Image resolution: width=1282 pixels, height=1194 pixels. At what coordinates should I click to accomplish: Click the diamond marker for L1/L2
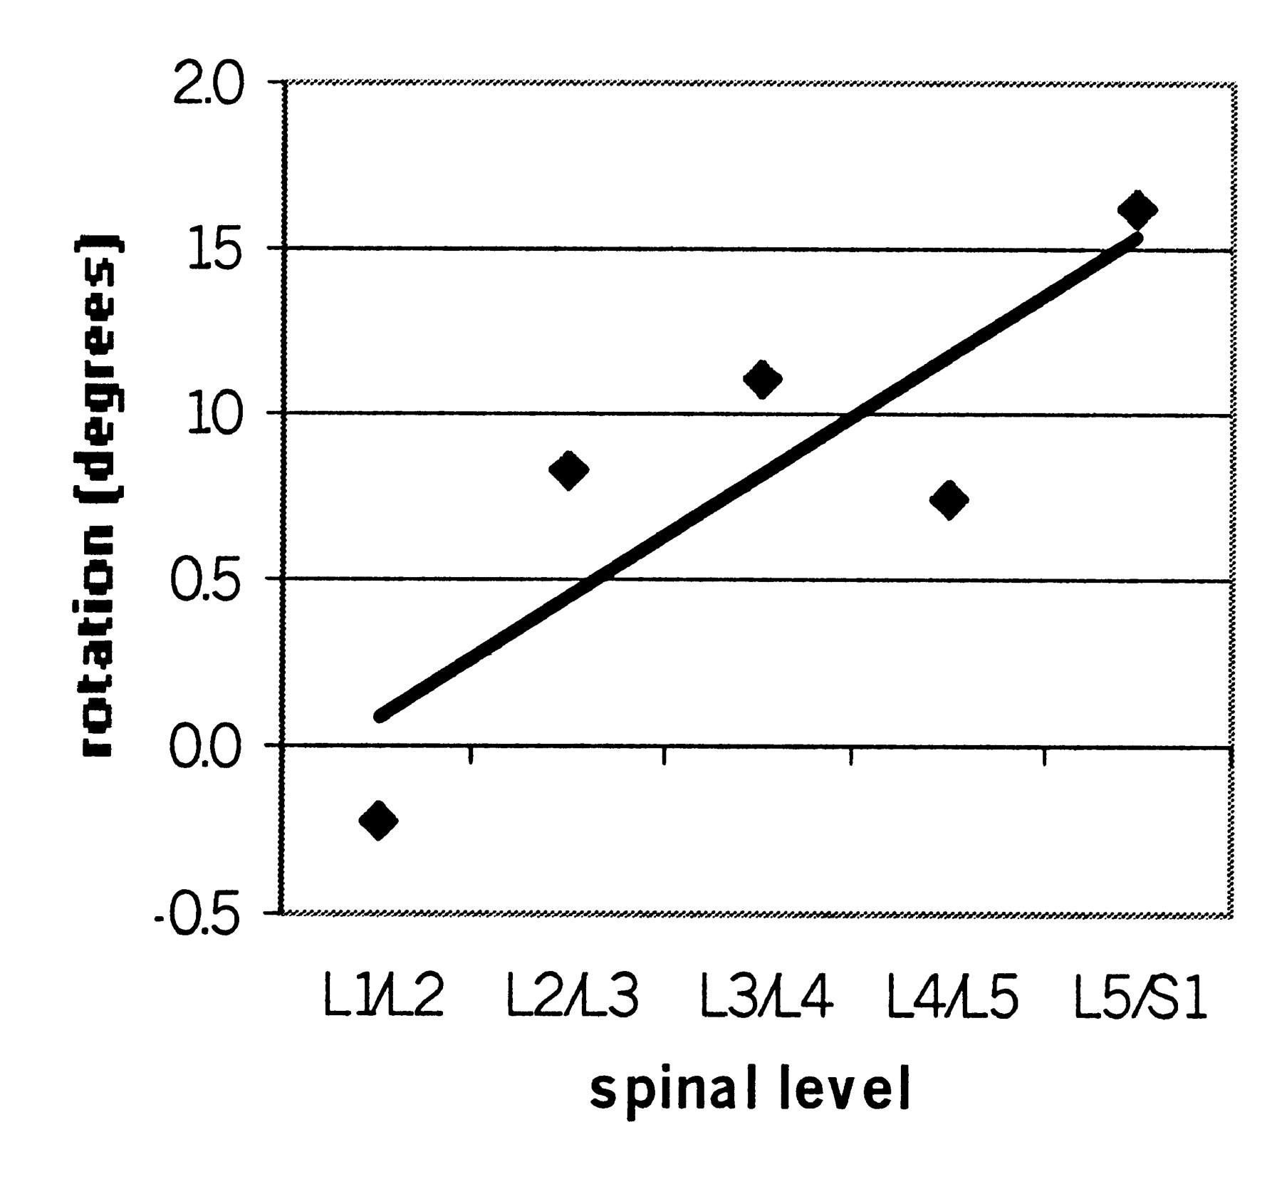[378, 821]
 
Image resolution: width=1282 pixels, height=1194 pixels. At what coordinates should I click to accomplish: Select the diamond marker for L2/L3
[568, 470]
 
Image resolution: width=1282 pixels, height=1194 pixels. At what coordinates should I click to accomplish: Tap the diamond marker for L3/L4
[762, 379]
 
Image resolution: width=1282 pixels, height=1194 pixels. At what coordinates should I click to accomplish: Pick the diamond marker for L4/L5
[949, 500]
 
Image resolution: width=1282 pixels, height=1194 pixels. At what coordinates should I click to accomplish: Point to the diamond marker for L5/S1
[1137, 209]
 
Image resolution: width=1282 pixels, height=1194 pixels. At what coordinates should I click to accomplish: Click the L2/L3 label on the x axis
[573, 997]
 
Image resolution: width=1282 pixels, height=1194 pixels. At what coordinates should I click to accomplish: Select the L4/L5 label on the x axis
[953, 997]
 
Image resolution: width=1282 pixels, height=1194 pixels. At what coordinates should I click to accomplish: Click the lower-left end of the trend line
[381, 715]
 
